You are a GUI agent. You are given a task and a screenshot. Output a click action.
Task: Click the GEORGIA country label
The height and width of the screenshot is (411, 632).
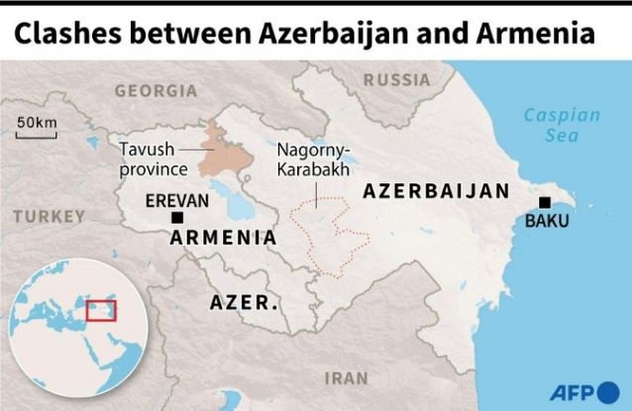[x=156, y=90]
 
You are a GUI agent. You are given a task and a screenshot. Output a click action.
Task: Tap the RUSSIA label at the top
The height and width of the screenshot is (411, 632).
[x=396, y=80]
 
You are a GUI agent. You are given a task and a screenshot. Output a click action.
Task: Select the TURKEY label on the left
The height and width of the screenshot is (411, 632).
[x=50, y=215]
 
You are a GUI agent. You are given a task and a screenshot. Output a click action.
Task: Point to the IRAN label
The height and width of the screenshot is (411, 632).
[x=346, y=377]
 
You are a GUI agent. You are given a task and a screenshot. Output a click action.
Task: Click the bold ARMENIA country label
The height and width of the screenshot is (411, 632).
[x=223, y=238]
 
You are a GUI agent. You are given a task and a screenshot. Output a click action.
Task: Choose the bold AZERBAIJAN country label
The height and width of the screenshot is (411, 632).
[x=436, y=191]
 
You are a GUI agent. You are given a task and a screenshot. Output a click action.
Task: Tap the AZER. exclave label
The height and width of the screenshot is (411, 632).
[x=244, y=302]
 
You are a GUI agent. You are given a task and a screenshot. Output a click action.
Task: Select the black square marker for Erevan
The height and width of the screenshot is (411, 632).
[x=176, y=218]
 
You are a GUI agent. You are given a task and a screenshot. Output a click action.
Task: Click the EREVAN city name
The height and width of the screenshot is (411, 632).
[x=177, y=200]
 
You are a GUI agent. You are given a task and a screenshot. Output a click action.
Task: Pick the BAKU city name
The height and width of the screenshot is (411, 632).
[x=547, y=221]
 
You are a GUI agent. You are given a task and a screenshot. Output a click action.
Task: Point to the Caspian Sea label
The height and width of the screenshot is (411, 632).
[x=562, y=125]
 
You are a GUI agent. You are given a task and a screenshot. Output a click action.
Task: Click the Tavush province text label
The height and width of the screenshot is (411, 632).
[x=148, y=157]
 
